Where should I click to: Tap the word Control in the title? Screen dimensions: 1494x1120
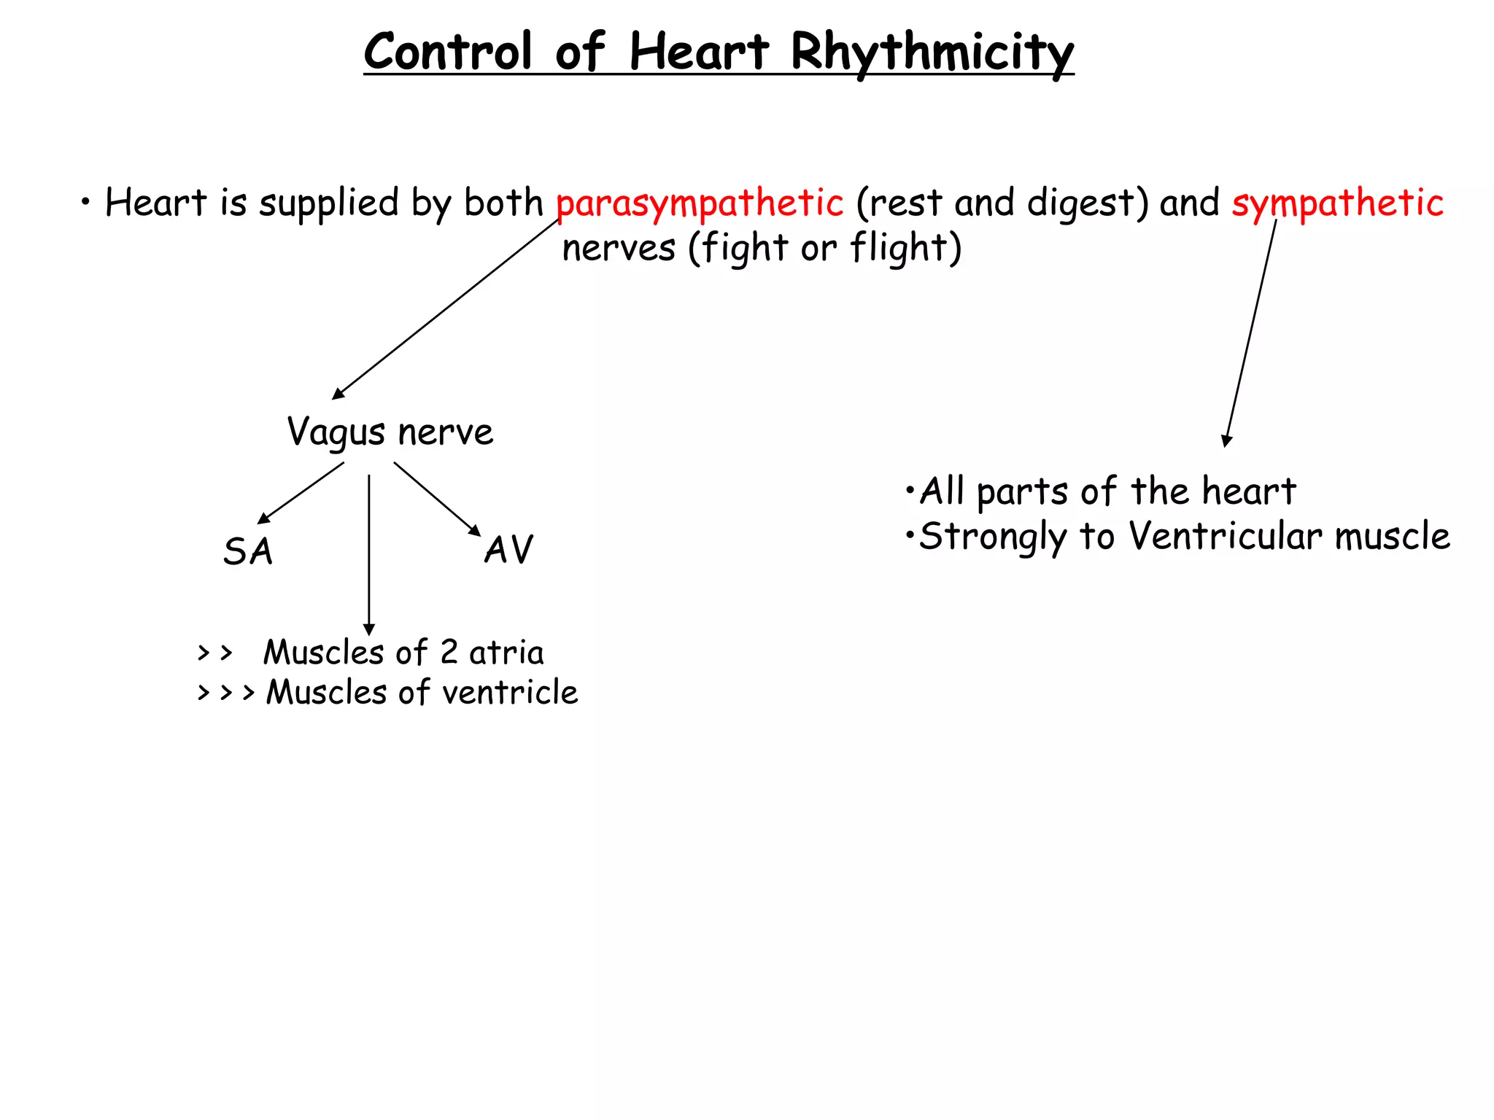coord(448,52)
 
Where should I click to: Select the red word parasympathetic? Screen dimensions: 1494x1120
coord(700,203)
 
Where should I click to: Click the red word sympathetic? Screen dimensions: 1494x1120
coord(1337,203)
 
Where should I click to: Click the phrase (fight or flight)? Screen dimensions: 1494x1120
coord(825,248)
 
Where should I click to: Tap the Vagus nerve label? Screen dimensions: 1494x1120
coord(390,432)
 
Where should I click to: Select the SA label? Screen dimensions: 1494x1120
coord(248,551)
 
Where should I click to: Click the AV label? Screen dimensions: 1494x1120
coord(508,550)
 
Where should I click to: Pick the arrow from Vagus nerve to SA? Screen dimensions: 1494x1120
coord(301,494)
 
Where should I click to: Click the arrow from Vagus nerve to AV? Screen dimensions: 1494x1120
coord(437,499)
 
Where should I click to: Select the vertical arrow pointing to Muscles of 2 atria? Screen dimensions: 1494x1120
coord(369,554)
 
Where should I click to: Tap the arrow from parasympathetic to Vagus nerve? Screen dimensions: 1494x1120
coord(445,309)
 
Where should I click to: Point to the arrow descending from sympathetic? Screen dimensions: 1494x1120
coord(1251,332)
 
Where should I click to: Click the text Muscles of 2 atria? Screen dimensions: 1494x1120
coord(403,653)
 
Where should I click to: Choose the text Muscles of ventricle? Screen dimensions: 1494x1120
coord(422,693)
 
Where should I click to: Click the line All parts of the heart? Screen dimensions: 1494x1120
coord(1107,491)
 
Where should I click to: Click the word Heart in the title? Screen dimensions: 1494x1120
coord(698,52)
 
